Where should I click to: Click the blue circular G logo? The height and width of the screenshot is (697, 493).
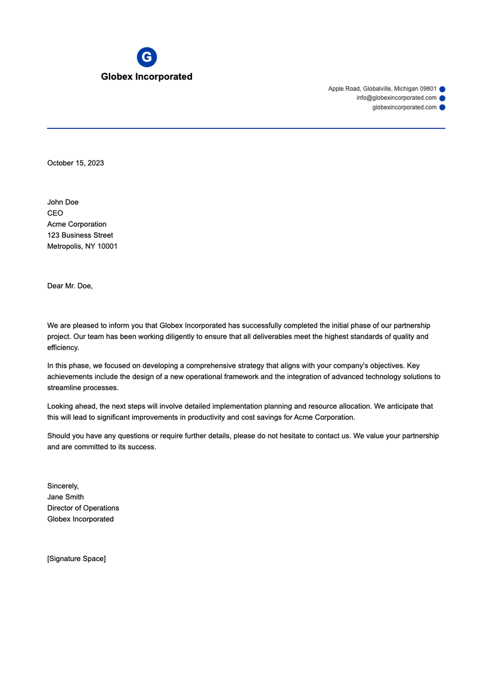[147, 57]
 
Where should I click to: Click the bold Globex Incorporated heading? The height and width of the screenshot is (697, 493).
[147, 77]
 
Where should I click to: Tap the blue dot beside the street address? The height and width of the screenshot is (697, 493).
[442, 89]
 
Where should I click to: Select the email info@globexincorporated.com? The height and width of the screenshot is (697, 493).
[396, 98]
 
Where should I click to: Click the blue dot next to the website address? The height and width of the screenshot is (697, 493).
[442, 108]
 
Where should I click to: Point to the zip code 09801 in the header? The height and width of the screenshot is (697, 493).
[428, 89]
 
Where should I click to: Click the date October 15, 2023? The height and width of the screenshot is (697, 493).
[76, 163]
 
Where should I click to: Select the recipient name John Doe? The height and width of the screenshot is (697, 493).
[63, 202]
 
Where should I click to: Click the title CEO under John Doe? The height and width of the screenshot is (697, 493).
[55, 213]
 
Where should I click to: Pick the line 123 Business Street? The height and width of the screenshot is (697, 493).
[80, 235]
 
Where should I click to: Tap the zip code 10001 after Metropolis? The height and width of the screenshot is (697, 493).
[107, 246]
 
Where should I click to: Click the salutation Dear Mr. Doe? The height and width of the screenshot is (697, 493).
[70, 286]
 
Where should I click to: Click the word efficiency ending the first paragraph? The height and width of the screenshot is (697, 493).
[63, 347]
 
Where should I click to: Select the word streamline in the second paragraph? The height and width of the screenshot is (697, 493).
[64, 388]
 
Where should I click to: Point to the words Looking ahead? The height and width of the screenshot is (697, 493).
[72, 406]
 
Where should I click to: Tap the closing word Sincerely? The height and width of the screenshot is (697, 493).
[62, 486]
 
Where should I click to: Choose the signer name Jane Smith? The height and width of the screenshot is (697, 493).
[65, 497]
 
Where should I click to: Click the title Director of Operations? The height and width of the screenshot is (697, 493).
[83, 508]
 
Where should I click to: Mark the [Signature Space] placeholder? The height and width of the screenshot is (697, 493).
[76, 559]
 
